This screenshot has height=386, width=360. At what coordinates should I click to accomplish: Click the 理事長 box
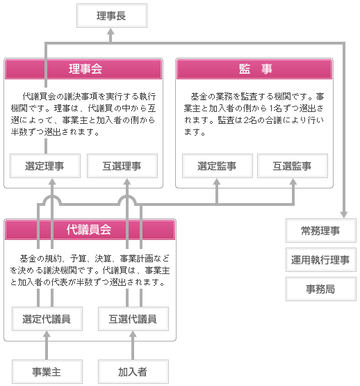112,15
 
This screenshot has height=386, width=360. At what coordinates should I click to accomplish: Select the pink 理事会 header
83,69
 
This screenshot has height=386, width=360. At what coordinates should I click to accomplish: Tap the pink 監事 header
254,69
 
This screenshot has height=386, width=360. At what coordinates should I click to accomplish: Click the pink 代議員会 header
90,230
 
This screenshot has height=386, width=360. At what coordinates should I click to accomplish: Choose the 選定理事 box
45,166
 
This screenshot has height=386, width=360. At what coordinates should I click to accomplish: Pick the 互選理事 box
122,166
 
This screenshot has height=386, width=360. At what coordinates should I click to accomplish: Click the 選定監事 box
218,166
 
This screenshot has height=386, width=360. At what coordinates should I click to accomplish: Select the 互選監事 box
293,166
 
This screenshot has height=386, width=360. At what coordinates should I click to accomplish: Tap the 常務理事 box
321,230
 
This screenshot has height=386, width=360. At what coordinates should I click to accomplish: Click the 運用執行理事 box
321,259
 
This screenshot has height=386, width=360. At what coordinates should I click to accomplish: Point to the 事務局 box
321,289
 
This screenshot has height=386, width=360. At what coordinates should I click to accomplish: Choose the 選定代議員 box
47,319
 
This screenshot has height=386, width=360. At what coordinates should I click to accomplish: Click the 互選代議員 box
133,319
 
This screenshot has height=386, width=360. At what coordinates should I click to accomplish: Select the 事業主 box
47,371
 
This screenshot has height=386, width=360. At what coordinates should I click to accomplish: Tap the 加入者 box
133,371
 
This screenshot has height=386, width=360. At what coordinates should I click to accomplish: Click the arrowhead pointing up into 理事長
111,31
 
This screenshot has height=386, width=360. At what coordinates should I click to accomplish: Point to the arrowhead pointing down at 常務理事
344,214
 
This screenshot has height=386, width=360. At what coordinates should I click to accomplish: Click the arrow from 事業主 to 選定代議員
47,346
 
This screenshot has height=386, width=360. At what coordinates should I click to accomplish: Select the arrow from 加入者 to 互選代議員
133,346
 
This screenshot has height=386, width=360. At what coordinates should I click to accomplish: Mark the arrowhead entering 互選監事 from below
293,182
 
